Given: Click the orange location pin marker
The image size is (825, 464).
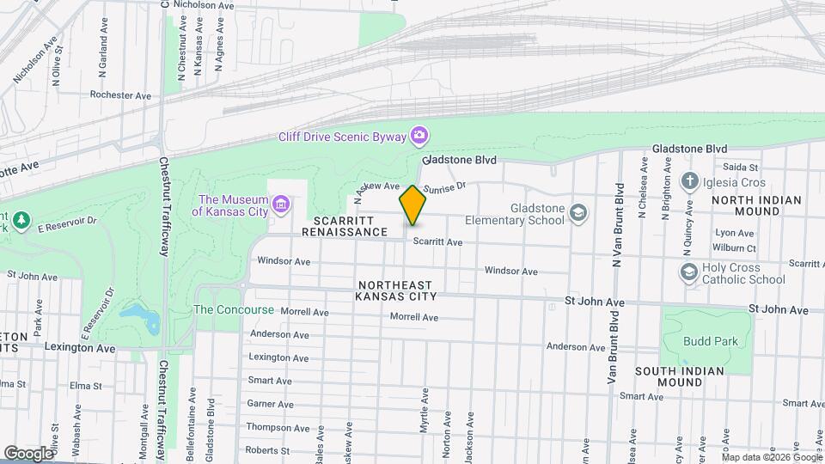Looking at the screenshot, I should click(412, 205).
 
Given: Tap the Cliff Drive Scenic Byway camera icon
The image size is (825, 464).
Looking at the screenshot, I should click(419, 135).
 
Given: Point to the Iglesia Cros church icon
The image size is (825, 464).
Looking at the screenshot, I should click(689, 181).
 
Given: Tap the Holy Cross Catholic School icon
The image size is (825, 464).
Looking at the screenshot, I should click(688, 272).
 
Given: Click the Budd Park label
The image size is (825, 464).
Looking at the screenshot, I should click(711, 341).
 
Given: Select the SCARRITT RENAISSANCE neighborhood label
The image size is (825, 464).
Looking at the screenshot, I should click(350, 226).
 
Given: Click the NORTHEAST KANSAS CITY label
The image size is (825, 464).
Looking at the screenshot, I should click(396, 290).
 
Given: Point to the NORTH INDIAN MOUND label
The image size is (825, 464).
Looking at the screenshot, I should click(756, 206).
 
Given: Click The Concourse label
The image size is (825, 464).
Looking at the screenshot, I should click(234, 309).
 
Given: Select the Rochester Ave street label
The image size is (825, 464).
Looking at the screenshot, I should click(120, 95).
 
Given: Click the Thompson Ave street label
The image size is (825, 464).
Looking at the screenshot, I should click(278, 427).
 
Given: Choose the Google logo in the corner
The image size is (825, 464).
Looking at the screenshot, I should click(27, 453).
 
